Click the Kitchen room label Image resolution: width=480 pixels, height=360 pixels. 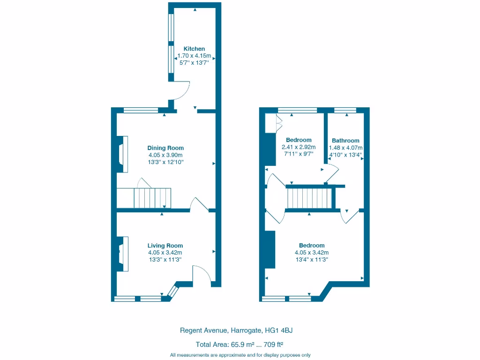point(194,49)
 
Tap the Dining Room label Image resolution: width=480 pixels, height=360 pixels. point(165,148)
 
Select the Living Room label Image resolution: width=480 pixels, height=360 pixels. point(165,246)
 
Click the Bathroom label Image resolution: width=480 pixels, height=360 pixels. point(345,141)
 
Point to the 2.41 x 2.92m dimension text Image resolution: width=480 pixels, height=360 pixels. point(299,147)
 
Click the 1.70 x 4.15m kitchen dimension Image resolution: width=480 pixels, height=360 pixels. point(194,56)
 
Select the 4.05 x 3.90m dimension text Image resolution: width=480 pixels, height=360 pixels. point(165,155)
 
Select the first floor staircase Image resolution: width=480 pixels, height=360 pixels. point(309,198)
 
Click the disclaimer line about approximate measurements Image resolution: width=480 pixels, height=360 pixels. point(240,355)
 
